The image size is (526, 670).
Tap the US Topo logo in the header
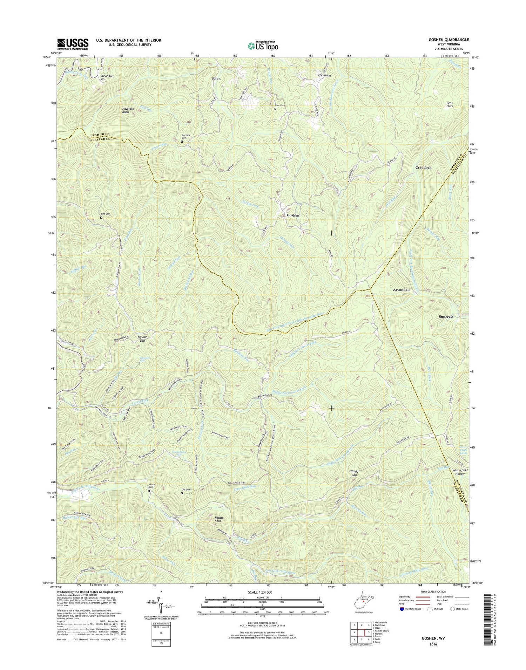pos(263,46)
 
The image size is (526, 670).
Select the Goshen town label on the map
pos(293,215)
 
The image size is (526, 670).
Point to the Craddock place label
pos(423,167)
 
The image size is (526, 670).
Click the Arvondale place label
pos(402,290)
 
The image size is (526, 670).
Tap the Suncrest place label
pos(446,316)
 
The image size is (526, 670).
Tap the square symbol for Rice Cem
pos(275,109)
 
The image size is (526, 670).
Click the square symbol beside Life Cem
pos(101,218)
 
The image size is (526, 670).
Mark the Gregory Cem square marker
pos(182,142)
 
